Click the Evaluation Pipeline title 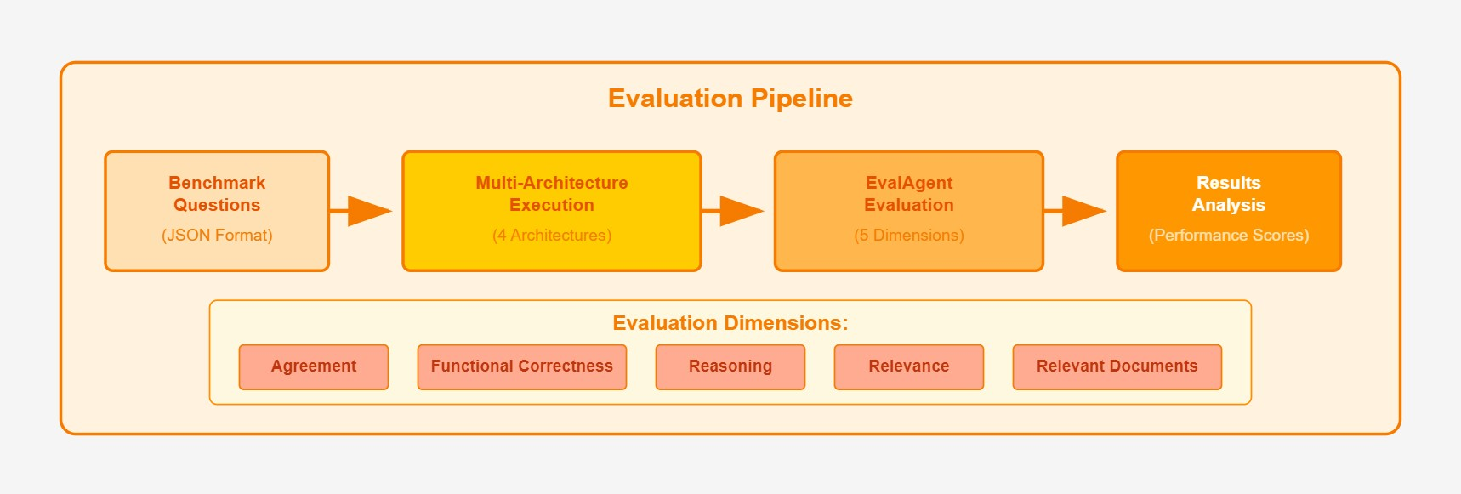(730, 99)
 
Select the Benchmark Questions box (217, 211)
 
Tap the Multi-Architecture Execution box (552, 211)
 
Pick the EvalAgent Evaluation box (909, 211)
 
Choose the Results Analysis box (1229, 211)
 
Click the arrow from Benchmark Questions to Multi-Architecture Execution (361, 211)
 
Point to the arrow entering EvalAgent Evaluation (733, 211)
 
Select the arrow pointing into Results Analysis (1075, 211)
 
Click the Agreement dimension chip (314, 366)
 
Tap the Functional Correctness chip (522, 366)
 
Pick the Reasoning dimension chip (730, 366)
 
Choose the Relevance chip (909, 366)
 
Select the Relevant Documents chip (1117, 366)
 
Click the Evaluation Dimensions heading (730, 323)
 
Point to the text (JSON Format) (217, 236)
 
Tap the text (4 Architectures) (552, 236)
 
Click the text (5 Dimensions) (909, 236)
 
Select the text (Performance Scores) (1229, 236)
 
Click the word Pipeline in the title (802, 99)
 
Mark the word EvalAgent (909, 183)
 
